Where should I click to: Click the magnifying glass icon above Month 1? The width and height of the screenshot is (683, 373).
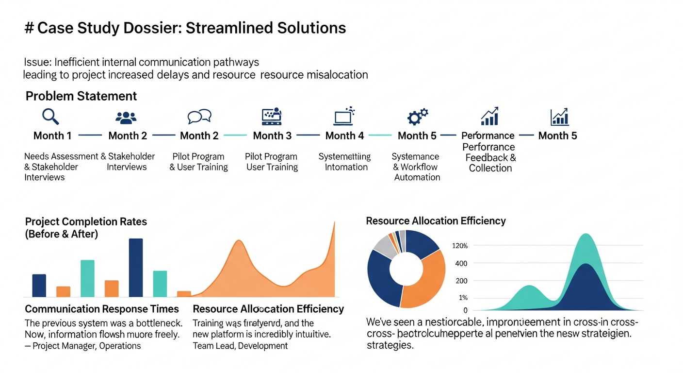click(50, 116)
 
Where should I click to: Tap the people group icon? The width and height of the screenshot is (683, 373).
click(126, 117)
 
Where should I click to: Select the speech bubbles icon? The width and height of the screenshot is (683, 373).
click(199, 117)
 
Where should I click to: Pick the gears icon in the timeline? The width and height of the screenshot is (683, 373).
click(417, 117)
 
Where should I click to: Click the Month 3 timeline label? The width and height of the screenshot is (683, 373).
click(272, 136)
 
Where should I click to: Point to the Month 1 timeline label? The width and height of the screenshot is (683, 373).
click(52, 136)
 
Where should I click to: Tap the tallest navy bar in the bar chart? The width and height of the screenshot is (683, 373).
click(136, 267)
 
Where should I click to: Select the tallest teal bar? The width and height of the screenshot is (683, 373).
click(87, 278)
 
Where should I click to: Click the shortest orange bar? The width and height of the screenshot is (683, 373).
click(184, 294)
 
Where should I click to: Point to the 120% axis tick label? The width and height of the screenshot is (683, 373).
click(459, 246)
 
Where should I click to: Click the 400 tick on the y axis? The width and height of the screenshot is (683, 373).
click(461, 263)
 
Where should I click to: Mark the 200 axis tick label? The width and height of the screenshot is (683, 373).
click(461, 281)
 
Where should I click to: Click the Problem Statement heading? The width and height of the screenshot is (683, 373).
click(81, 96)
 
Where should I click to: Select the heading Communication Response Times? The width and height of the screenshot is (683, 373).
click(102, 309)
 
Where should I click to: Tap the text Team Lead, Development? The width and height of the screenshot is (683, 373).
click(240, 346)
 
